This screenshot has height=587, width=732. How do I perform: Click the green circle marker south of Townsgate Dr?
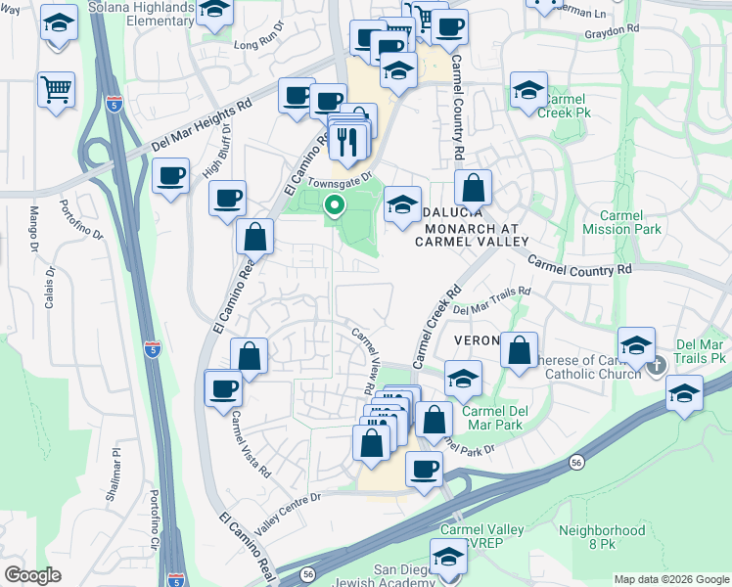click(335, 205)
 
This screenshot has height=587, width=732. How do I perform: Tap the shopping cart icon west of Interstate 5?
click(56, 89)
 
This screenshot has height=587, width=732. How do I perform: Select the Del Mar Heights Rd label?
click(202, 125)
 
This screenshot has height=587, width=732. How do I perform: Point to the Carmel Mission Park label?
click(621, 223)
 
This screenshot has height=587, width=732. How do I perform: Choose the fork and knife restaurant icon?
click(349, 143)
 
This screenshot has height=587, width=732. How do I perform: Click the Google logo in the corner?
click(32, 575)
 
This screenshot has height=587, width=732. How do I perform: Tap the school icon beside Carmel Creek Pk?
click(528, 91)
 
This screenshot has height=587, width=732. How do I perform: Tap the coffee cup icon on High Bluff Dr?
click(171, 176)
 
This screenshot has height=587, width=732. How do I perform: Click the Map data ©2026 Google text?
click(670, 578)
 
